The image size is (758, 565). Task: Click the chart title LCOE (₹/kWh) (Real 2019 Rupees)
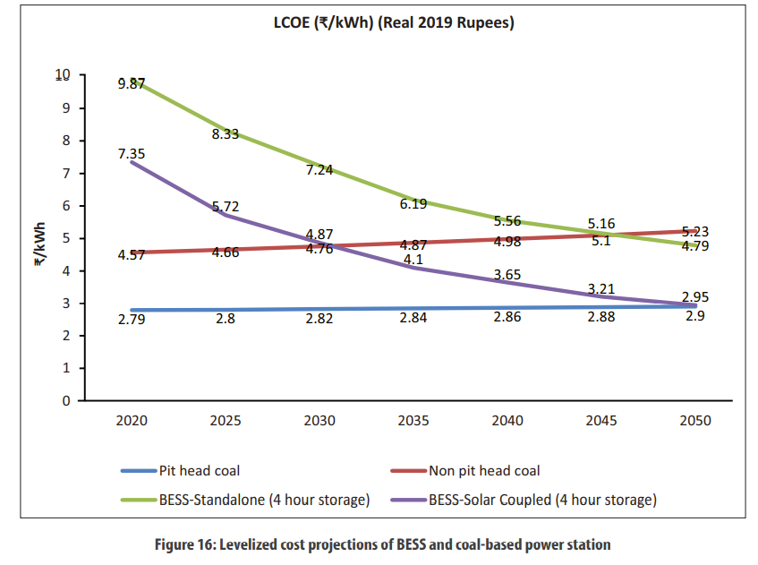click(x=394, y=24)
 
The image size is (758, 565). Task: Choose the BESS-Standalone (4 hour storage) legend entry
click(x=264, y=500)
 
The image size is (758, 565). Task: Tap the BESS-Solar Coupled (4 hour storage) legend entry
click(x=542, y=500)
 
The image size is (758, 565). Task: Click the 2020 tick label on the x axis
click(x=131, y=421)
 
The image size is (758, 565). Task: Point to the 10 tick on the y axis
click(x=62, y=75)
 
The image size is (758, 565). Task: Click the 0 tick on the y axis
click(x=66, y=401)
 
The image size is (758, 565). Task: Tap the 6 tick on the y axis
click(x=66, y=206)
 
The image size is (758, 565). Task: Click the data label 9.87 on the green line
click(x=131, y=83)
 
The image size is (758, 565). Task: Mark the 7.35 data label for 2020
click(x=131, y=154)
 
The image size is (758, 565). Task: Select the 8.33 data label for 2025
click(x=225, y=133)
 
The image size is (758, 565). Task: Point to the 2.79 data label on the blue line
click(x=131, y=318)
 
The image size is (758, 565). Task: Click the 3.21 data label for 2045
click(x=600, y=289)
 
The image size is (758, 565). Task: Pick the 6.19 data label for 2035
click(x=413, y=204)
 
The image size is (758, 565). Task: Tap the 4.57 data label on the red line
click(x=131, y=255)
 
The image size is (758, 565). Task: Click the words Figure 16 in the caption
click(x=259, y=544)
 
